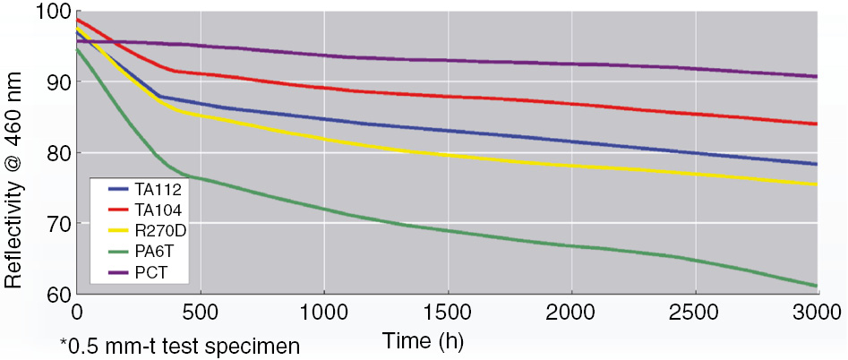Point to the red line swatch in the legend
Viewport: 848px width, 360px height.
[118, 209]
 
